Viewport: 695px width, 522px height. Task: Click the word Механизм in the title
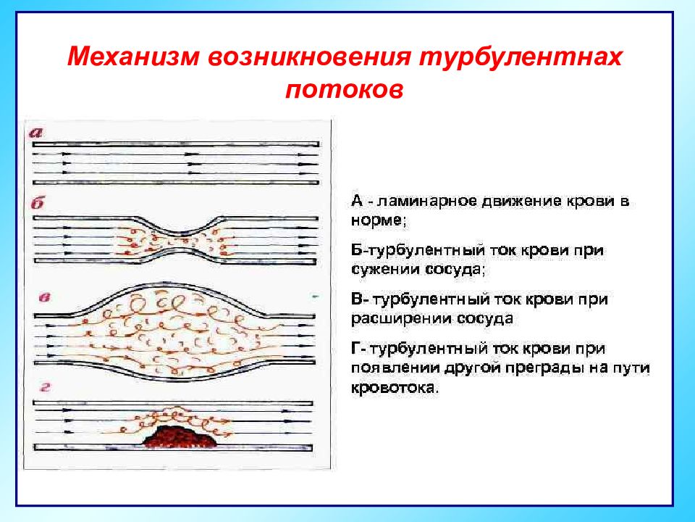133,57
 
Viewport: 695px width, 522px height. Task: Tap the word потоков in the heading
345,89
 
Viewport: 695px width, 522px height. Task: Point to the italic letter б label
38,203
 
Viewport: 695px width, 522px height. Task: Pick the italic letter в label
44,297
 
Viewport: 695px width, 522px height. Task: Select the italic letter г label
45,387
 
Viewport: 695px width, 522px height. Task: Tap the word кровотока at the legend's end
394,387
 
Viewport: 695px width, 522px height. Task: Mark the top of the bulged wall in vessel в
174,284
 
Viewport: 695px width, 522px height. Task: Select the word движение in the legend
521,202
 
